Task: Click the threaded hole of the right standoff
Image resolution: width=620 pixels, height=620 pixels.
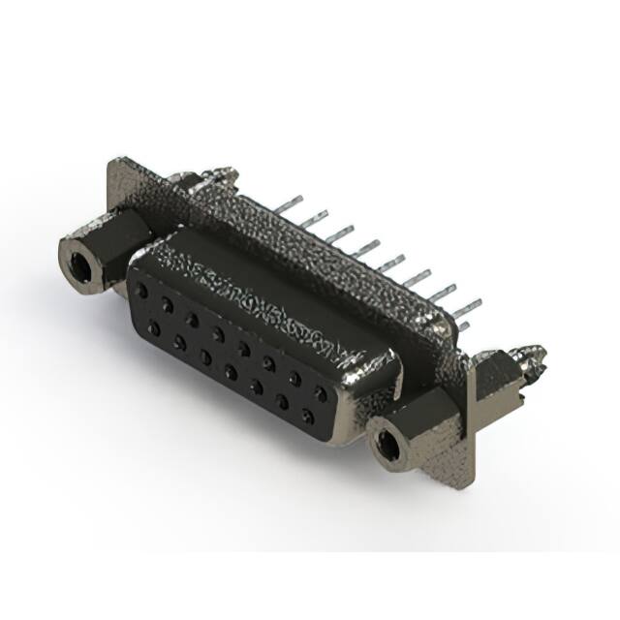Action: coord(387,445)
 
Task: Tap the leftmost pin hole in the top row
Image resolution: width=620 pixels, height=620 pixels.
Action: coord(143,290)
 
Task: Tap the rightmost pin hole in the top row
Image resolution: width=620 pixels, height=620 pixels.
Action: coord(320,392)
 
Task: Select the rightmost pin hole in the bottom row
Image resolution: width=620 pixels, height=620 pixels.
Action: coord(308,418)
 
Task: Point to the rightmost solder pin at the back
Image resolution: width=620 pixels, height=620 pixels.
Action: coord(467,309)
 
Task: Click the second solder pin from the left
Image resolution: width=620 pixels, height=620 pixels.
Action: coord(312,220)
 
